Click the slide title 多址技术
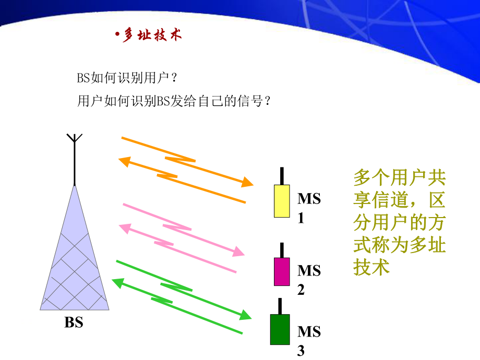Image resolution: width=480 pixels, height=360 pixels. pos(152,35)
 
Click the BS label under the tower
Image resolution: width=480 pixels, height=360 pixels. pos(74,322)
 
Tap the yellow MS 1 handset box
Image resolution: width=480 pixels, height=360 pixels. pos(282,200)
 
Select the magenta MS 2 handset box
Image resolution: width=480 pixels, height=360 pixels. pos(282,271)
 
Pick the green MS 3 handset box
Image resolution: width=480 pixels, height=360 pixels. pos(280,329)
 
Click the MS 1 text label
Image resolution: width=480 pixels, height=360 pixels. pos(308,207)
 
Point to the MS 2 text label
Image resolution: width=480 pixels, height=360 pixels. pos(308,279)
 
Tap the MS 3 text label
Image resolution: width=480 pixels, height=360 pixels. pos(308,340)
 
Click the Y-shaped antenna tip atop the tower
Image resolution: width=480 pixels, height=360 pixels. pos(75,139)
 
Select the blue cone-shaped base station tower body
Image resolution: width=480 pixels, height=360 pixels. pos(75,261)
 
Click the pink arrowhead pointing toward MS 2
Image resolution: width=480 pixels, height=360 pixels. pos(238,252)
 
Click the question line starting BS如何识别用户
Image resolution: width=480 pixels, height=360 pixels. pos(128,78)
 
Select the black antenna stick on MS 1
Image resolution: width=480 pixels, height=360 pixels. pos(282,176)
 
